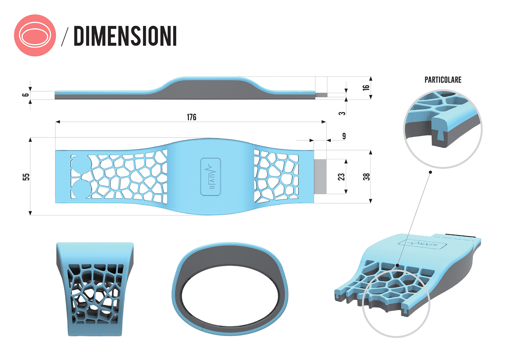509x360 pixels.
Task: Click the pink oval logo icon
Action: [35, 36]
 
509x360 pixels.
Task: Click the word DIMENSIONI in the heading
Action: [125, 36]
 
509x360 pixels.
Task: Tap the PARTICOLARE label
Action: [443, 80]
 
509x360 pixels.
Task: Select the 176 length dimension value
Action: [191, 117]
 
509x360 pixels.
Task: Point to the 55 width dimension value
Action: [26, 177]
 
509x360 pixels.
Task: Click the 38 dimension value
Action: [366, 177]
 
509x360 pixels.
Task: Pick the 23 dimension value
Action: [341, 177]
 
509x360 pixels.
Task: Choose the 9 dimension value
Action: [344, 136]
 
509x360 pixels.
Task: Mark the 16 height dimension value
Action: [366, 88]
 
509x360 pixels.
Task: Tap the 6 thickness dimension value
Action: [25, 95]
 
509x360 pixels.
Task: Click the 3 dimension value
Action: [342, 113]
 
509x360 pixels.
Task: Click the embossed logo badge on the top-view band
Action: [211, 177]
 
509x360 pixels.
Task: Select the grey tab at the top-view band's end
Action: [320, 176]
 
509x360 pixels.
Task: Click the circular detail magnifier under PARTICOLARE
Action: [443, 129]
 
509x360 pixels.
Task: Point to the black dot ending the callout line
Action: [430, 172]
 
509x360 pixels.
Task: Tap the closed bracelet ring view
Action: [230, 289]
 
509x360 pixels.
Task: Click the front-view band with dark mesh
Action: [95, 289]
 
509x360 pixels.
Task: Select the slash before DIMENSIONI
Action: [65, 36]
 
